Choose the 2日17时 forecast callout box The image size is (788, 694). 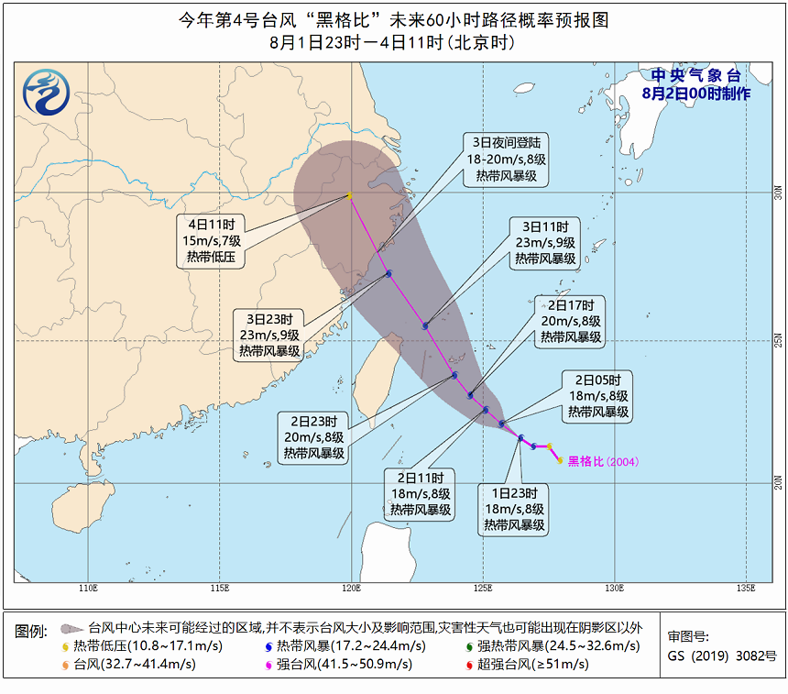pos(571,321)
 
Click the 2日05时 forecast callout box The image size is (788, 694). pos(598,396)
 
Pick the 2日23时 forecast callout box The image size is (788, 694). pos(313,436)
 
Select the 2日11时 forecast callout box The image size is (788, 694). pos(421,494)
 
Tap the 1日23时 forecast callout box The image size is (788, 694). pos(514,509)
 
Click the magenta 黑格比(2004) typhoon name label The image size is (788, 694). pos(602,461)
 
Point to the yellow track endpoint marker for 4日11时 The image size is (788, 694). pos(350,195)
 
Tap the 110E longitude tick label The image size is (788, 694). pos(89,588)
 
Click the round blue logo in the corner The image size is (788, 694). pos(48,92)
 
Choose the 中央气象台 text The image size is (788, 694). pos(696,76)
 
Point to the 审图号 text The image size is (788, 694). pos(689,637)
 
